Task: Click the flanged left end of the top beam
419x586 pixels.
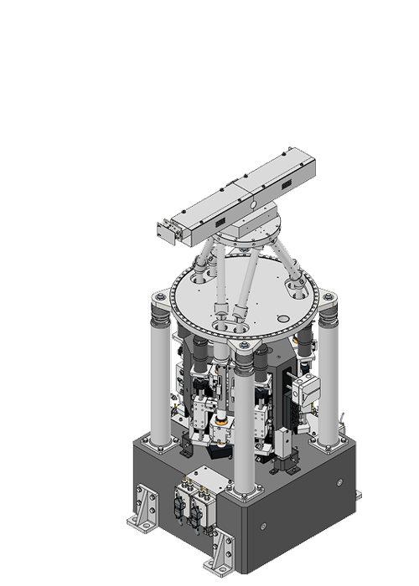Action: click(x=166, y=231)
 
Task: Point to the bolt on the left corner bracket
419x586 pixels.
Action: click(x=156, y=296)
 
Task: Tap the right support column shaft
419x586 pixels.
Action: click(x=328, y=377)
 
